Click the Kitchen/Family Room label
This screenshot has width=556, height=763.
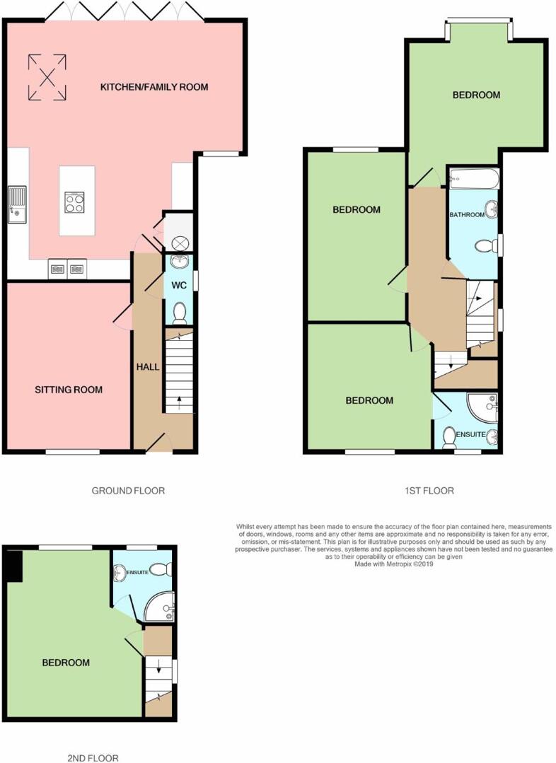click(x=154, y=87)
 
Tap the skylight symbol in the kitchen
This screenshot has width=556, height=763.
click(x=47, y=77)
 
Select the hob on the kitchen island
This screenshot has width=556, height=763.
click(x=74, y=202)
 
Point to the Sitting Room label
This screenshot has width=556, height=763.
click(x=69, y=390)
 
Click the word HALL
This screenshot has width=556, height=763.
click(x=148, y=366)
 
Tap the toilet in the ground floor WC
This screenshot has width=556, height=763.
click(x=180, y=313)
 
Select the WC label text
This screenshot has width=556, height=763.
click(x=180, y=285)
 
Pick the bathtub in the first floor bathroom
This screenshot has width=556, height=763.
click(x=474, y=179)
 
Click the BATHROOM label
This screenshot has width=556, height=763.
click(x=467, y=214)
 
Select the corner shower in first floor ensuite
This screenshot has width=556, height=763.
click(x=482, y=408)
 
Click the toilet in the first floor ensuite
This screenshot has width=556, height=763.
click(x=449, y=438)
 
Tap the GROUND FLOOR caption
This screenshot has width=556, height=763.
click(x=128, y=491)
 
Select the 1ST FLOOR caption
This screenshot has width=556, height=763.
click(x=429, y=491)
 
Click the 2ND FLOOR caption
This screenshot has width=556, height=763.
click(x=93, y=757)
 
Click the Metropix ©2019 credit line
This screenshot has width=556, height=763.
click(x=394, y=564)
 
